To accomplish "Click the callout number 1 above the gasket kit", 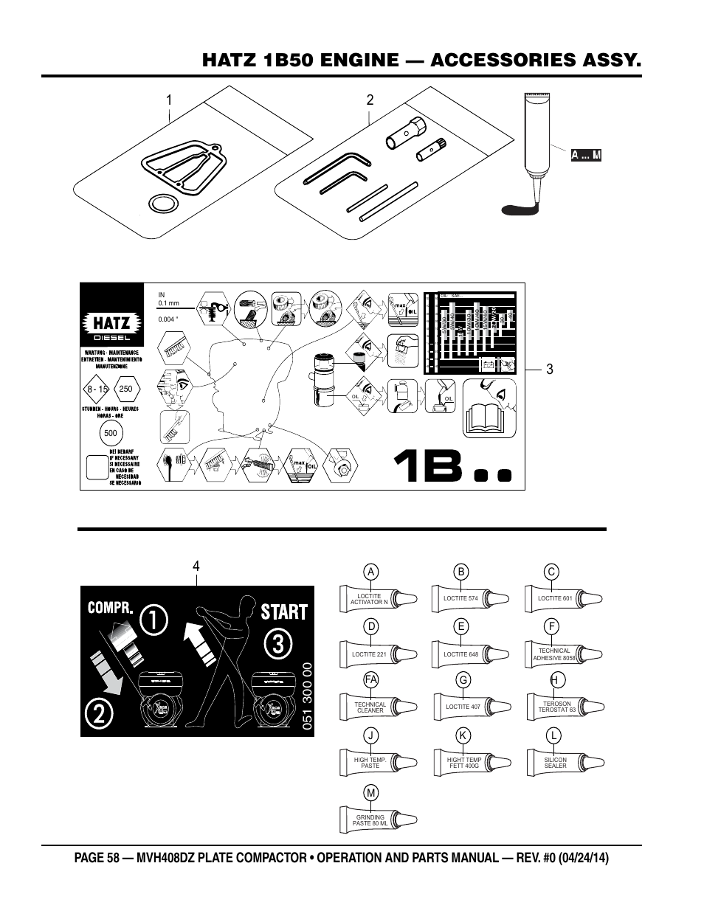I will [169, 100].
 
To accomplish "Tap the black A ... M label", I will [586, 155].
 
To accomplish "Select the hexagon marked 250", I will [125, 389].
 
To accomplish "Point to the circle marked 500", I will [111, 433].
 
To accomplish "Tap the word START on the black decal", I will [283, 612].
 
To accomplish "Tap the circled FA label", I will [370, 679].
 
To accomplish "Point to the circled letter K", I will [463, 735].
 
